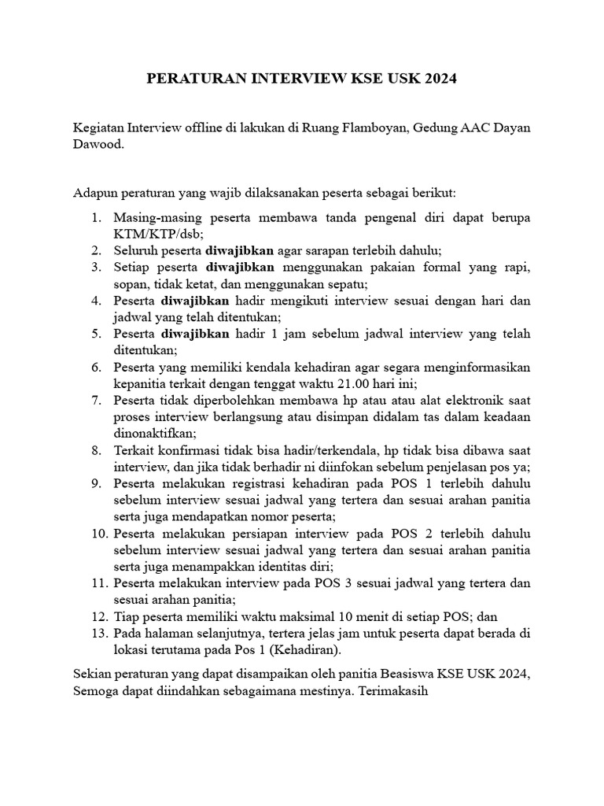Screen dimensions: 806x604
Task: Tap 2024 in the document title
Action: [x=438, y=79]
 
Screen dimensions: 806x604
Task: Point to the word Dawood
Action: [x=98, y=146]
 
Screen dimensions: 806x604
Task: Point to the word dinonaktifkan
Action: [x=154, y=433]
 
